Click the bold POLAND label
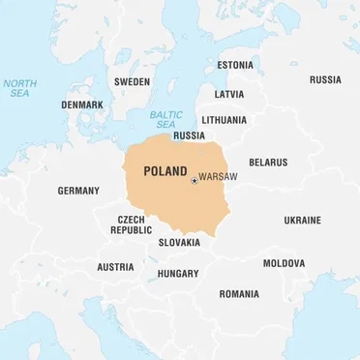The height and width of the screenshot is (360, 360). pos(165,171)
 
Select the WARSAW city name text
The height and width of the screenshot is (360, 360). pos(218,179)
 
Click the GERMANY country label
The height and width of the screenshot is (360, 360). pos(78,191)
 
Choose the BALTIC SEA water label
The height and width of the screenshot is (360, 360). pos(165,119)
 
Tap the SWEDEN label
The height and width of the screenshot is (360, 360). pos(132,82)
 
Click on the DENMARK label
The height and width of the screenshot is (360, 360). pos(82,105)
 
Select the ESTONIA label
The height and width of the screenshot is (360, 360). pos(234,65)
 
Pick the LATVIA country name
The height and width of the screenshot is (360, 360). pos(229,95)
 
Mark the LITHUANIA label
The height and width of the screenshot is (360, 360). pos(225,120)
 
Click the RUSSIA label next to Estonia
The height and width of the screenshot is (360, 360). pos(324,79)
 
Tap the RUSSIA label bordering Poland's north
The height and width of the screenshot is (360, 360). pos(189,135)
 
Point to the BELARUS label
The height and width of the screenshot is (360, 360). pos(267,163)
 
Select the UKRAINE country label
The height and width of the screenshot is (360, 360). pos(302,221)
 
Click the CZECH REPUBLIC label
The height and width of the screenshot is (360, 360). pos(131,225)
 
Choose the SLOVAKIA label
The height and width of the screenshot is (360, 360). pos(179,242)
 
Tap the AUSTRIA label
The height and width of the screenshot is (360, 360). pos(115,267)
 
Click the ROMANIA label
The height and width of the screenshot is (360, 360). pos(238,293)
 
